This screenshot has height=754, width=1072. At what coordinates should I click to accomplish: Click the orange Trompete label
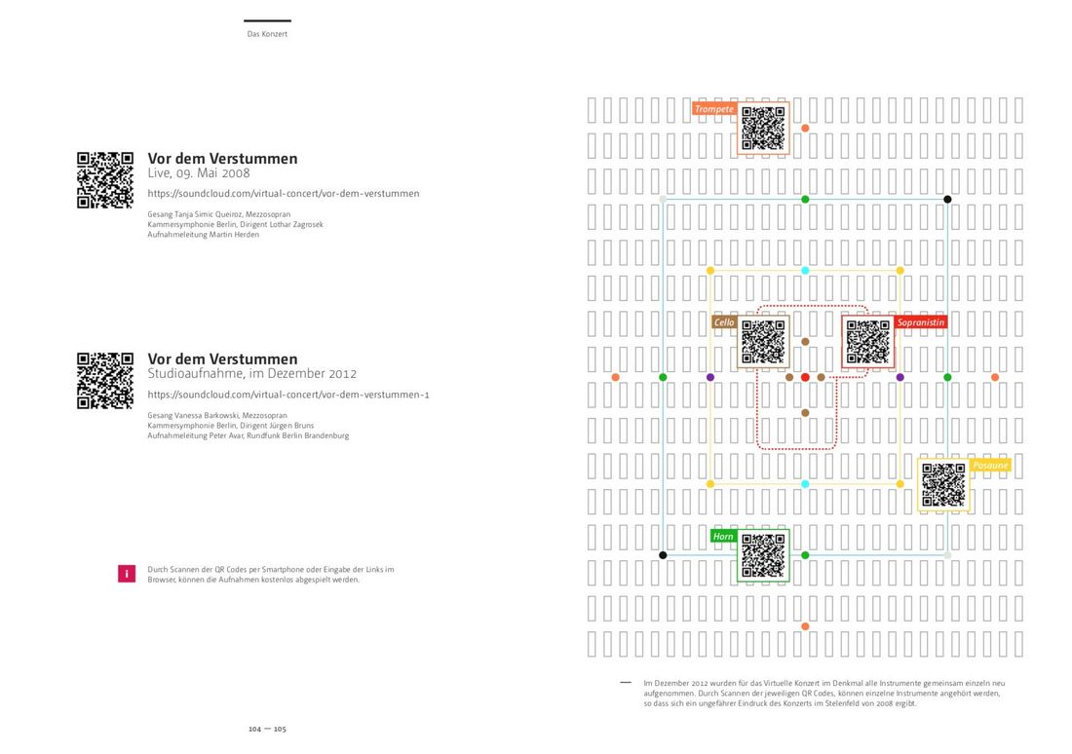click(714, 109)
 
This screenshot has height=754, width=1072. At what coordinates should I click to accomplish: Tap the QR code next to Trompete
click(763, 128)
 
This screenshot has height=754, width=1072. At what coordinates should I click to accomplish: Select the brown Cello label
click(724, 322)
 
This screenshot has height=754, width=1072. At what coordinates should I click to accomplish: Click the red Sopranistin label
click(921, 322)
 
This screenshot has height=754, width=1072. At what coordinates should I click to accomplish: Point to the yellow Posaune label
click(990, 466)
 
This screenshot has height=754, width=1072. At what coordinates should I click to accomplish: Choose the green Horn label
click(723, 537)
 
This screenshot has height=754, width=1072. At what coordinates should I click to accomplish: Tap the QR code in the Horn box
click(763, 556)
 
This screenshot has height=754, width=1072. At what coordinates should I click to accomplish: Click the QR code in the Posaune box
click(943, 485)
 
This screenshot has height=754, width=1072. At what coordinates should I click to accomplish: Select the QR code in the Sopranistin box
click(868, 342)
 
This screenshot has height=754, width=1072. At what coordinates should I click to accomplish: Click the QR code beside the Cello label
click(763, 342)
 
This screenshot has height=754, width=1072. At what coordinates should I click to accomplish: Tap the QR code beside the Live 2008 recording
click(105, 180)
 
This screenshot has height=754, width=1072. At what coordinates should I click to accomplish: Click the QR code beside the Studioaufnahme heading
click(105, 381)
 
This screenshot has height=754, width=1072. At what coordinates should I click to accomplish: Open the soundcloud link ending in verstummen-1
click(288, 395)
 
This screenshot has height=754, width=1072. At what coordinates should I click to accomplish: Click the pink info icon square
click(126, 574)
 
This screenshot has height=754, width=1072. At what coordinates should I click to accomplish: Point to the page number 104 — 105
click(267, 729)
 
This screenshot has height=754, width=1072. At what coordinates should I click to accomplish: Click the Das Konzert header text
click(267, 34)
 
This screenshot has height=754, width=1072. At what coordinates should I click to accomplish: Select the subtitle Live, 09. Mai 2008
click(199, 173)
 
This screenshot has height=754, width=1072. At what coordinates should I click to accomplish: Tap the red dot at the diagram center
click(805, 377)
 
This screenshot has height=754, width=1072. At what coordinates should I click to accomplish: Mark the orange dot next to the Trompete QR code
click(805, 128)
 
